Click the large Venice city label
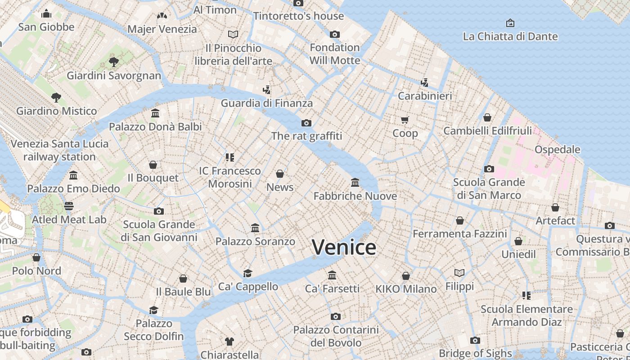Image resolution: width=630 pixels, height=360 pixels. point(344,247)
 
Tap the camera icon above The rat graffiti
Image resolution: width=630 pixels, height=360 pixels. point(306,123)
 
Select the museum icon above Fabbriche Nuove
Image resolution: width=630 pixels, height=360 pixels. point(355,183)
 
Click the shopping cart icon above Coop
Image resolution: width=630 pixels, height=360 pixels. point(405,120)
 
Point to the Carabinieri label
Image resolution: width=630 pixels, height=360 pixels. point(425,96)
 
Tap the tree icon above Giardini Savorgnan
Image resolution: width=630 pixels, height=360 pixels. point(113,62)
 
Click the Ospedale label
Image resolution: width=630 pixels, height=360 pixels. point(557,149)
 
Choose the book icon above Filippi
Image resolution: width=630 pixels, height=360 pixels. point(459,273)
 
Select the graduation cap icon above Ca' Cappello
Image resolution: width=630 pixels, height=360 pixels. point(248,273)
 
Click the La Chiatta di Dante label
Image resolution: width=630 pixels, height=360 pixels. point(510,36)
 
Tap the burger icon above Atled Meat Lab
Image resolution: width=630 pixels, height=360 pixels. point(69,206)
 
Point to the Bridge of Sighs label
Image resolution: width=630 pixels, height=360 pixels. point(475,353)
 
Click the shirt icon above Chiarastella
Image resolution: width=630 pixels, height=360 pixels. point(229,341)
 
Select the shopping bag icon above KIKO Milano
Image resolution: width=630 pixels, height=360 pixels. point(406,276)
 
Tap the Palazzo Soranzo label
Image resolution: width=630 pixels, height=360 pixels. point(255,241)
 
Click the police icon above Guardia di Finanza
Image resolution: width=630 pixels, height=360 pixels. point(267,90)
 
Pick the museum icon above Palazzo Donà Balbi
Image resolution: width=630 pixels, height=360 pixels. point(155,113)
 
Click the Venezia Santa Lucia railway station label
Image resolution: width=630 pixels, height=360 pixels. point(59,150)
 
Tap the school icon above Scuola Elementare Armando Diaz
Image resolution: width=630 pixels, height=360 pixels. point(526,296)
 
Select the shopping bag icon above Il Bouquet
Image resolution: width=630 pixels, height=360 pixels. point(153,165)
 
